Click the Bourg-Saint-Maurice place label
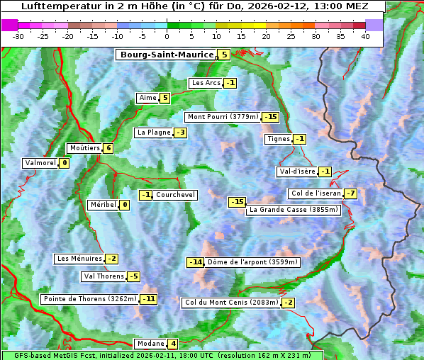coord(167,55)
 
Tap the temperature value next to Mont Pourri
coord(270,117)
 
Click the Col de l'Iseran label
coord(316,194)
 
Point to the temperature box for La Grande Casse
coord(237,203)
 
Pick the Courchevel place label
coord(175,195)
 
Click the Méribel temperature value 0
coord(124,205)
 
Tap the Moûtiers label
coord(84,148)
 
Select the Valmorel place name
coord(40,163)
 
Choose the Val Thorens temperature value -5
coord(133,276)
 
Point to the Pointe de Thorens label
coord(89,299)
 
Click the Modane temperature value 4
coord(173,344)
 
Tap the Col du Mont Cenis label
coord(230,303)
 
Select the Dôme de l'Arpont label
coord(253,262)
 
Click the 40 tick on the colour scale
coord(365,35)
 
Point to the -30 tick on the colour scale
coord(18,35)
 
